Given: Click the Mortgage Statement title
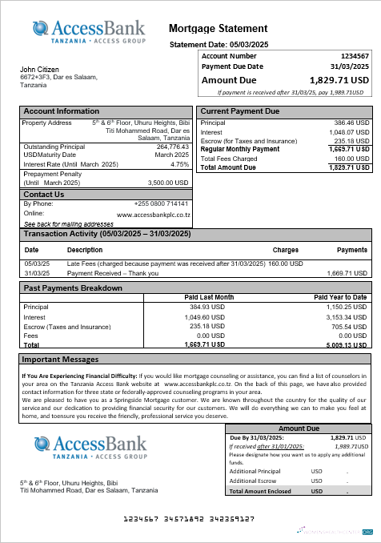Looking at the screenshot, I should point(219,29).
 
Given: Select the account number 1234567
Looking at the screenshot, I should point(355,57).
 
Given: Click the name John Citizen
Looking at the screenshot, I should point(39,70).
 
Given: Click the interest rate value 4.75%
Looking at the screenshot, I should point(180,163).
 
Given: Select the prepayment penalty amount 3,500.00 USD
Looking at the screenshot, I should point(168,183).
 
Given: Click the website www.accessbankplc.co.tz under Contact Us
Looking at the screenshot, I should point(153,215).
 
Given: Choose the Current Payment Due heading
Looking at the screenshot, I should point(239,111).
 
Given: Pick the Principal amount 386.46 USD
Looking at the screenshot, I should point(351,123).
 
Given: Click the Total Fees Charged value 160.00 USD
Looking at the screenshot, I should point(351,159).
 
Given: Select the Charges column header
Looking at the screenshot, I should point(286,251).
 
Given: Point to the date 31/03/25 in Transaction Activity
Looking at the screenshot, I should point(37,273).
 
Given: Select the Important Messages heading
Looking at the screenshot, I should point(60,360).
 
